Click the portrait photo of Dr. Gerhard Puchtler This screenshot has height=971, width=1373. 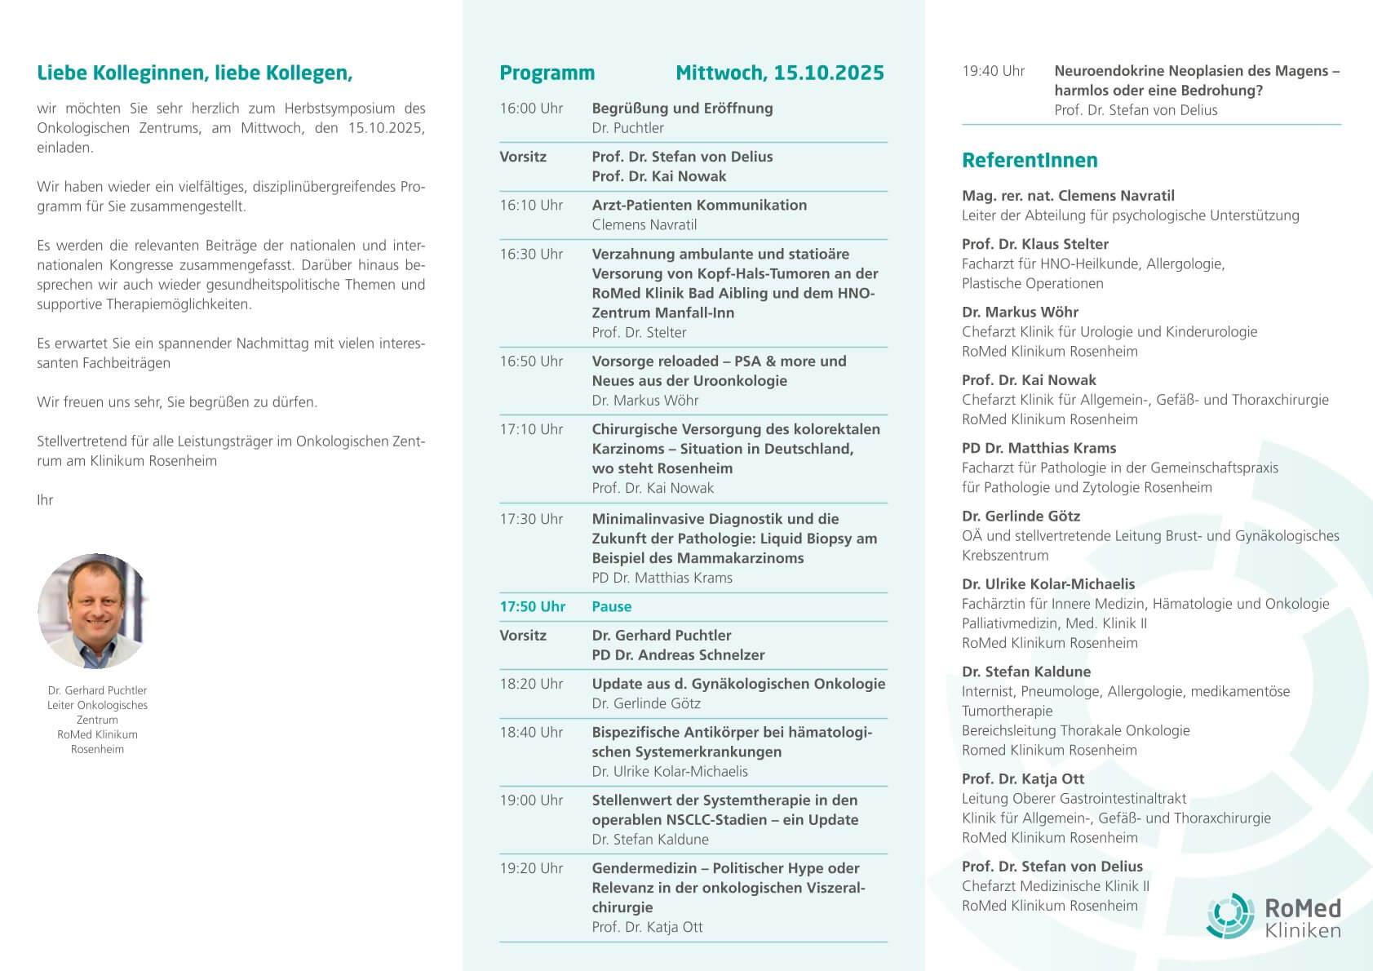pos(92,611)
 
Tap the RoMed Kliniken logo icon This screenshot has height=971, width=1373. pos(1230,916)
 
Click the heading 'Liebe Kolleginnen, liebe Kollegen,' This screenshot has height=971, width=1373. pos(195,73)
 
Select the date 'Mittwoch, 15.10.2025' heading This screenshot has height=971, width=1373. pos(779,73)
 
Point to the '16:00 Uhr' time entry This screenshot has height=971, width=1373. pos(531,109)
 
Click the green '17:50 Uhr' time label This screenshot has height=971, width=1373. pos(532,606)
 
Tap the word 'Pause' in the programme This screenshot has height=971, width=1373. pos(611,606)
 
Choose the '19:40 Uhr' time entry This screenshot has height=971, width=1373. pos(993,71)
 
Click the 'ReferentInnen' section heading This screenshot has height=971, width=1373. pos(1030,160)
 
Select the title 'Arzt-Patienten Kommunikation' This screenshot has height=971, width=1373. pos(698,205)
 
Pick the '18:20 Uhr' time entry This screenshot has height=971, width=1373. pos(531,684)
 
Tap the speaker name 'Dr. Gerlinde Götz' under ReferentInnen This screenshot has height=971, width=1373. pos(1021,516)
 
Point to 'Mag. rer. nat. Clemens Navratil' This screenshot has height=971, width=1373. pos(1068,196)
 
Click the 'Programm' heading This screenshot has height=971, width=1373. pos(547,73)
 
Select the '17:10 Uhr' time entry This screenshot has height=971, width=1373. pos(531,429)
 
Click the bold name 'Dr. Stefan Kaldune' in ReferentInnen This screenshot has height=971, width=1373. pos(1025,672)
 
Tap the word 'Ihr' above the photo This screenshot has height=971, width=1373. pos(45,500)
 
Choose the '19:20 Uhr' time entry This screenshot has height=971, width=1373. pos(531,868)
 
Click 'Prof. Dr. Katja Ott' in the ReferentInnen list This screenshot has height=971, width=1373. pos(1023,778)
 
